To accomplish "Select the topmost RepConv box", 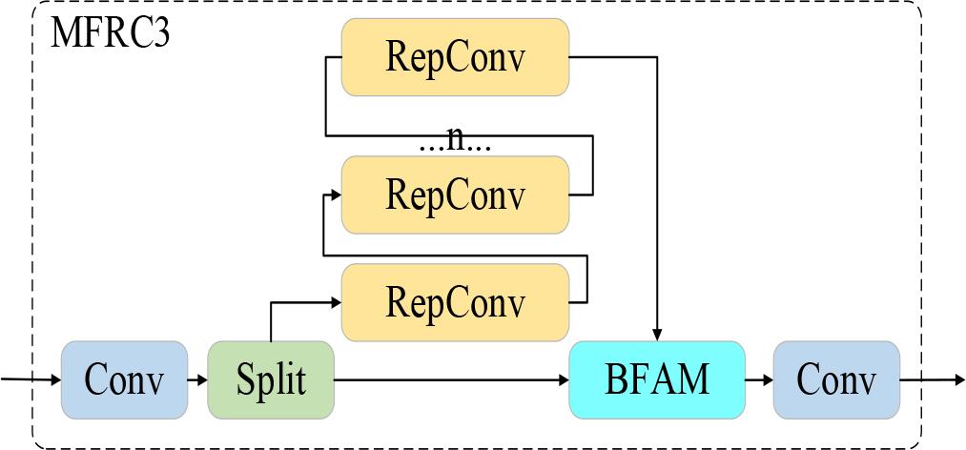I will point(455,57).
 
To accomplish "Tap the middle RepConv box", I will point(455,195).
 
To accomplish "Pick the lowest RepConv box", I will point(455,303).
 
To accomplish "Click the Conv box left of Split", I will point(124,379).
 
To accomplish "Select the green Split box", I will point(271,379).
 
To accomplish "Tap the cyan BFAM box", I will point(657,379).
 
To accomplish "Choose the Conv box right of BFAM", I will point(835,379).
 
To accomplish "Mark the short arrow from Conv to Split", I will point(197,379).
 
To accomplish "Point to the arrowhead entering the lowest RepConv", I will point(335,302).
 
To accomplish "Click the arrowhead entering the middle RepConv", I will point(335,194).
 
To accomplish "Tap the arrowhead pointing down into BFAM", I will point(658,334).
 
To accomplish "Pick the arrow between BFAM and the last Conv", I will point(758,379).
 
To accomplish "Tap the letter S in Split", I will point(243,379).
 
